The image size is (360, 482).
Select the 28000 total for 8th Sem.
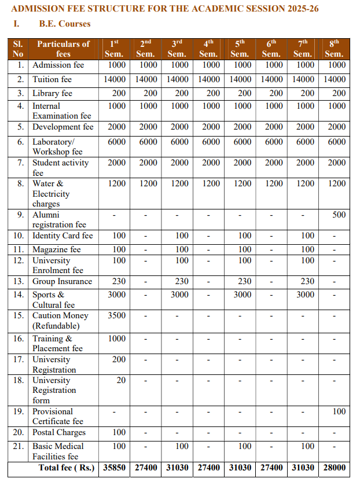point(334,467)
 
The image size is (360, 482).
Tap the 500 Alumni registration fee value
point(339,215)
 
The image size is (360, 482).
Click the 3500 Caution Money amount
point(116,315)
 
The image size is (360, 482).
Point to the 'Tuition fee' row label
point(52,79)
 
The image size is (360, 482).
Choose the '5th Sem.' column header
point(240,49)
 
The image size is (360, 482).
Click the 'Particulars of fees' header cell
point(63,49)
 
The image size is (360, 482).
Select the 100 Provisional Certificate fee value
point(339,411)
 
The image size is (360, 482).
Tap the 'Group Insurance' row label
point(62,281)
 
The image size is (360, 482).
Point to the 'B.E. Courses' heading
point(65,24)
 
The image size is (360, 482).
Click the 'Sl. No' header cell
point(19,49)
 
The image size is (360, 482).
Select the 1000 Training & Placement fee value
point(116,338)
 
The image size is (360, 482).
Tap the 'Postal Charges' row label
point(58,432)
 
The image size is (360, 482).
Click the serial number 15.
point(19,315)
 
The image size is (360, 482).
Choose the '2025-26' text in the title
point(300,9)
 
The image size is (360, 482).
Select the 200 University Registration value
point(119,359)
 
